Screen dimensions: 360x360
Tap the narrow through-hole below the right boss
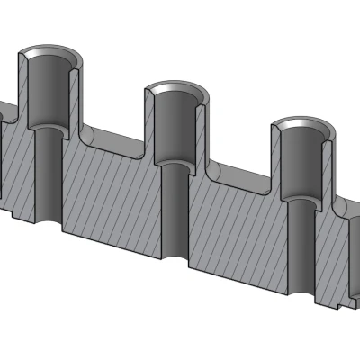[300, 247]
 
